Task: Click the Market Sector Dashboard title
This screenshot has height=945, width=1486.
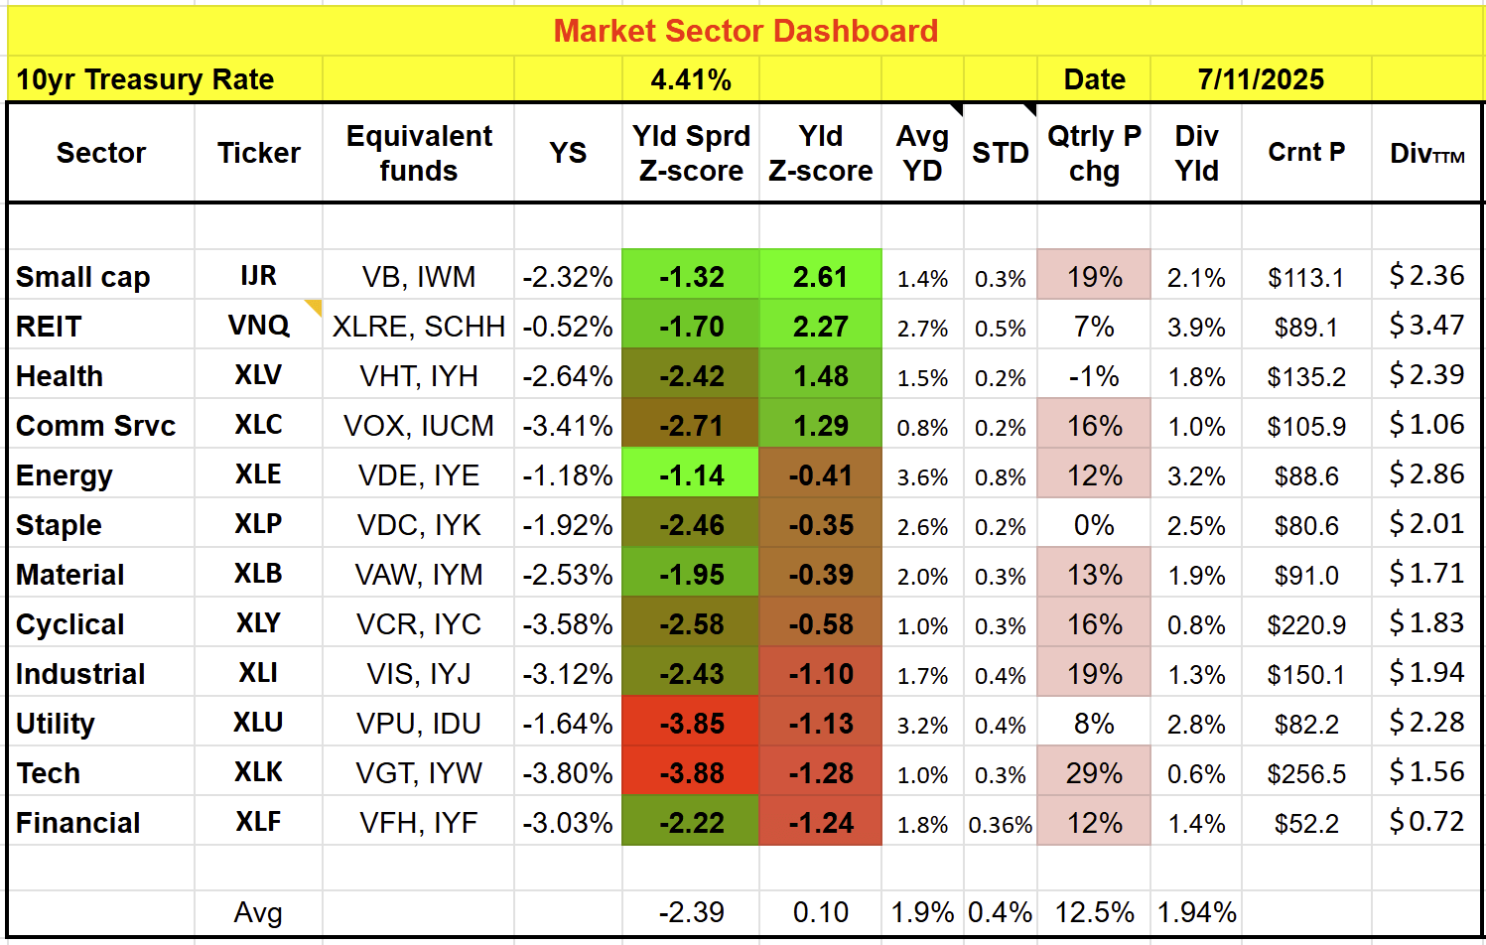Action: [744, 31]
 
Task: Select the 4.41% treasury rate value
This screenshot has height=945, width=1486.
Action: [691, 79]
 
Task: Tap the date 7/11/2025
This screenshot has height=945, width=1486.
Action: [1261, 79]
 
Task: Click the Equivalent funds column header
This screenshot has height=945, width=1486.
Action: [419, 153]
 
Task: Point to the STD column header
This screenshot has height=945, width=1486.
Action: [1000, 153]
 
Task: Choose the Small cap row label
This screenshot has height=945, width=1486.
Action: [83, 277]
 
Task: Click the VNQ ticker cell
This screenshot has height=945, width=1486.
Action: [258, 326]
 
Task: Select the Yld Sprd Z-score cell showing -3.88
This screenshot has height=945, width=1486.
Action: [691, 772]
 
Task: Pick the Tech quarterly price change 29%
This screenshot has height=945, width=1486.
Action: [1094, 772]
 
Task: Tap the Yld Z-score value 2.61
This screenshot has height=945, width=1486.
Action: [820, 277]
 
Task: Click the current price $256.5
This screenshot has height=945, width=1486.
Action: [1306, 773]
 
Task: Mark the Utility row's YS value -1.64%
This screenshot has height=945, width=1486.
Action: [568, 724]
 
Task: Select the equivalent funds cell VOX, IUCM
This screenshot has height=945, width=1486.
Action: [419, 426]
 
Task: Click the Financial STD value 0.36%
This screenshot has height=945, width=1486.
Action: [1000, 824]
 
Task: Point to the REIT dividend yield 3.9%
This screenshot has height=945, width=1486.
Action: [1196, 327]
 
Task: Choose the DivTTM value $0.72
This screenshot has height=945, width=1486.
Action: [1426, 822]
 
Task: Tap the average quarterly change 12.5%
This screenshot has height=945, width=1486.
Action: [1094, 912]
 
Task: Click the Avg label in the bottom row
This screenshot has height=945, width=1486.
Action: [258, 912]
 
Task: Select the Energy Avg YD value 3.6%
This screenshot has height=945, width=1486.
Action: [922, 476]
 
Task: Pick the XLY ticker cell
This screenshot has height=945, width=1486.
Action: [258, 623]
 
